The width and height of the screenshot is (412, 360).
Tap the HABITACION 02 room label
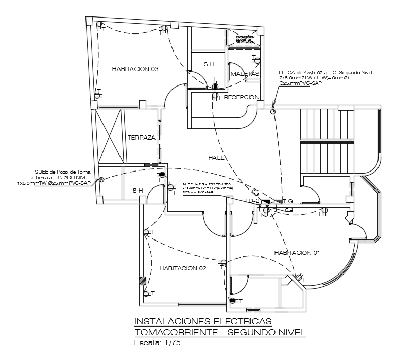coord(183,268)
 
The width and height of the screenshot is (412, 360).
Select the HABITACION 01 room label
coord(297,253)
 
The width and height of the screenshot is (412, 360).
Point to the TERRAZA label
coord(141,138)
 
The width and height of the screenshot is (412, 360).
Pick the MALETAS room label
coord(245,74)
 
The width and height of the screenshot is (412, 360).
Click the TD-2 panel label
coord(252,201)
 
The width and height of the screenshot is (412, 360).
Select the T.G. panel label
coord(287,201)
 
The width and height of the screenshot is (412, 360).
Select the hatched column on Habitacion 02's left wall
coord(143,282)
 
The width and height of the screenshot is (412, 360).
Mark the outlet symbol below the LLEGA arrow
coord(273,111)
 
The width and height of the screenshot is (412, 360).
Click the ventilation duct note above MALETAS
coord(245,40)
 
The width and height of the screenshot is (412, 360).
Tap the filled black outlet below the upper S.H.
coord(215,87)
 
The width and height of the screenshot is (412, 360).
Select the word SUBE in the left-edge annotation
coord(42,172)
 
